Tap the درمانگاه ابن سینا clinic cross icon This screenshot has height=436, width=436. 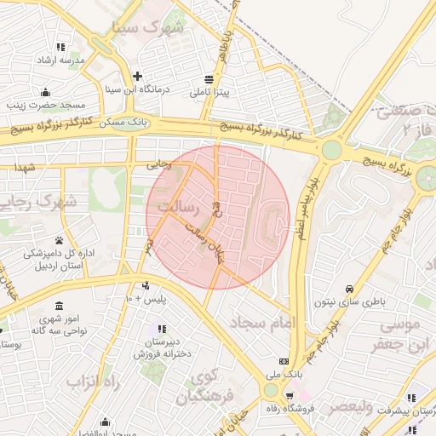(137, 75)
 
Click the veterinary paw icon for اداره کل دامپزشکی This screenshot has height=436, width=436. (59, 240)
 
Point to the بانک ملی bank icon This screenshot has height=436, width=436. (284, 361)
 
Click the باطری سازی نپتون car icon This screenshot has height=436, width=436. (351, 288)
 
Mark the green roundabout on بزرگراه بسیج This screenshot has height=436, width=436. (330, 151)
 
